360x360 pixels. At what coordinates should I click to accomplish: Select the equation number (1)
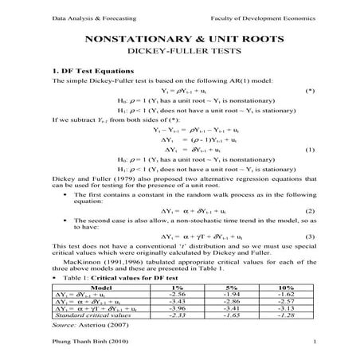click(x=310, y=150)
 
